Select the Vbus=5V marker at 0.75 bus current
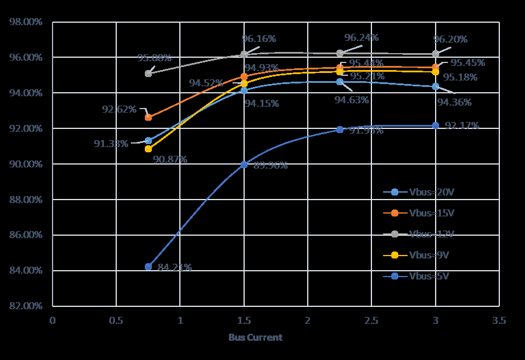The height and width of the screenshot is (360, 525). click(x=148, y=267)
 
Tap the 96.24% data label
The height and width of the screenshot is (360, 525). click(x=361, y=38)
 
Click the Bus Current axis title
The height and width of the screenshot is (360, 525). click(x=255, y=337)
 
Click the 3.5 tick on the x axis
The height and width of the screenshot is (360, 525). click(x=499, y=320)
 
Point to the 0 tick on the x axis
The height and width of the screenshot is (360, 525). click(x=53, y=320)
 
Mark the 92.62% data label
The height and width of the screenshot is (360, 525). click(x=119, y=109)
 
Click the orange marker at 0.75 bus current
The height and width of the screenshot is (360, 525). click(x=148, y=117)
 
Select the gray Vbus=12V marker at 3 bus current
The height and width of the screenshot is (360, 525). click(x=436, y=54)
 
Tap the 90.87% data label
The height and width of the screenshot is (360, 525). click(x=170, y=159)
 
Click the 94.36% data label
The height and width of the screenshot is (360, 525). click(x=454, y=103)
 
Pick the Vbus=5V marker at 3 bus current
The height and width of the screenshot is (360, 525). click(x=436, y=125)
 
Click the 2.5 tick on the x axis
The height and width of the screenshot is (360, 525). click(x=371, y=320)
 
